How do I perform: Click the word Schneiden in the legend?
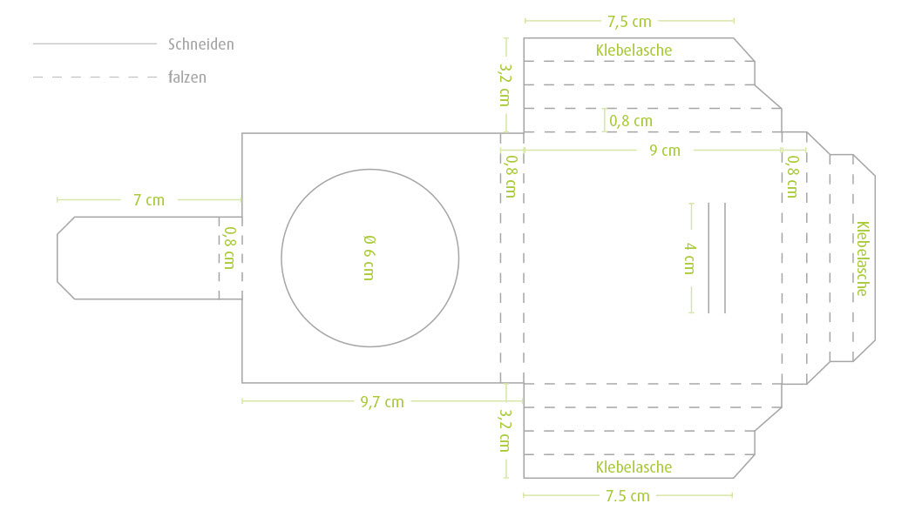click(200, 44)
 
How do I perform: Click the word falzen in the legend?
click(186, 77)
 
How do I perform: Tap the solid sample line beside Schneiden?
click(95, 44)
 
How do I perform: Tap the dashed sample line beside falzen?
click(95, 77)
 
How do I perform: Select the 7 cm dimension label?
click(149, 200)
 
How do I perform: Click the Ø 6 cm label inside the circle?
click(369, 258)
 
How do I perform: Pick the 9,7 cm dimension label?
click(382, 401)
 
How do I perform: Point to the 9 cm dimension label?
click(665, 151)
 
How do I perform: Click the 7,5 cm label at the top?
click(629, 22)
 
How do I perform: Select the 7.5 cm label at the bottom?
click(627, 496)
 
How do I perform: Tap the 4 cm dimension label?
click(690, 258)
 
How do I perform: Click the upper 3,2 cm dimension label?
click(505, 84)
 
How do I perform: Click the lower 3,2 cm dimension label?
click(505, 430)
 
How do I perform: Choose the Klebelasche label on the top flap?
click(634, 50)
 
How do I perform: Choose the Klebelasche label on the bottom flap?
click(634, 467)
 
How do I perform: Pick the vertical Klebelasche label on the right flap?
click(863, 258)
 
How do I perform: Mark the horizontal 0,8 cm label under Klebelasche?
click(631, 121)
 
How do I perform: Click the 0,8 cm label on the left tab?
click(230, 248)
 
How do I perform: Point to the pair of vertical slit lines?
click(716, 258)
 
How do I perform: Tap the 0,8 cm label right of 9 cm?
click(792, 177)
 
